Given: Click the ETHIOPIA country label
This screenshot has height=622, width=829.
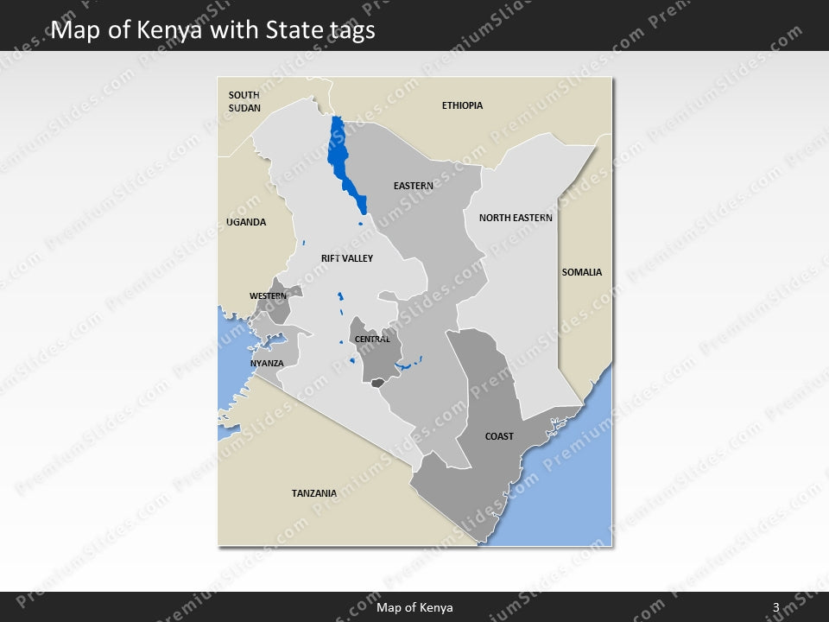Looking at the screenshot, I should [462, 105].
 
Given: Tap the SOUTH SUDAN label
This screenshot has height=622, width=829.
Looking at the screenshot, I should [244, 101].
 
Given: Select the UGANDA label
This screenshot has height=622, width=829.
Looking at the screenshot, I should [246, 222].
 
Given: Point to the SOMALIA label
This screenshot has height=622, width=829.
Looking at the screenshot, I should [581, 272].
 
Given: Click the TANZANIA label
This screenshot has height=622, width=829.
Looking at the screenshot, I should [313, 493].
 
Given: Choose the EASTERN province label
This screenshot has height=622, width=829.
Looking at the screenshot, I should [413, 186].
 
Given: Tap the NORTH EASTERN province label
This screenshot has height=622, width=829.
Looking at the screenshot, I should [516, 218].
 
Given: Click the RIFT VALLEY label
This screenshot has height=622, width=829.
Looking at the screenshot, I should [346, 258].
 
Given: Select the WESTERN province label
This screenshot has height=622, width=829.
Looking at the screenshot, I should [268, 296].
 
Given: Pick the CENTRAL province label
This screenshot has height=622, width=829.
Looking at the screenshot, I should [373, 340].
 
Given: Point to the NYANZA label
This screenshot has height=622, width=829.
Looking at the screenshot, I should [267, 363].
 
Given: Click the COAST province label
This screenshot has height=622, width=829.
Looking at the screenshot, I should [499, 436].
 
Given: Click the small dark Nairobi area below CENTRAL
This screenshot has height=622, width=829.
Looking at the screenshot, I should [377, 382].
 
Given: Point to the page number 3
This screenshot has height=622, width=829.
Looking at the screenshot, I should [776, 607].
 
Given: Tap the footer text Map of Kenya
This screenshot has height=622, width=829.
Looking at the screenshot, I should [414, 607].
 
